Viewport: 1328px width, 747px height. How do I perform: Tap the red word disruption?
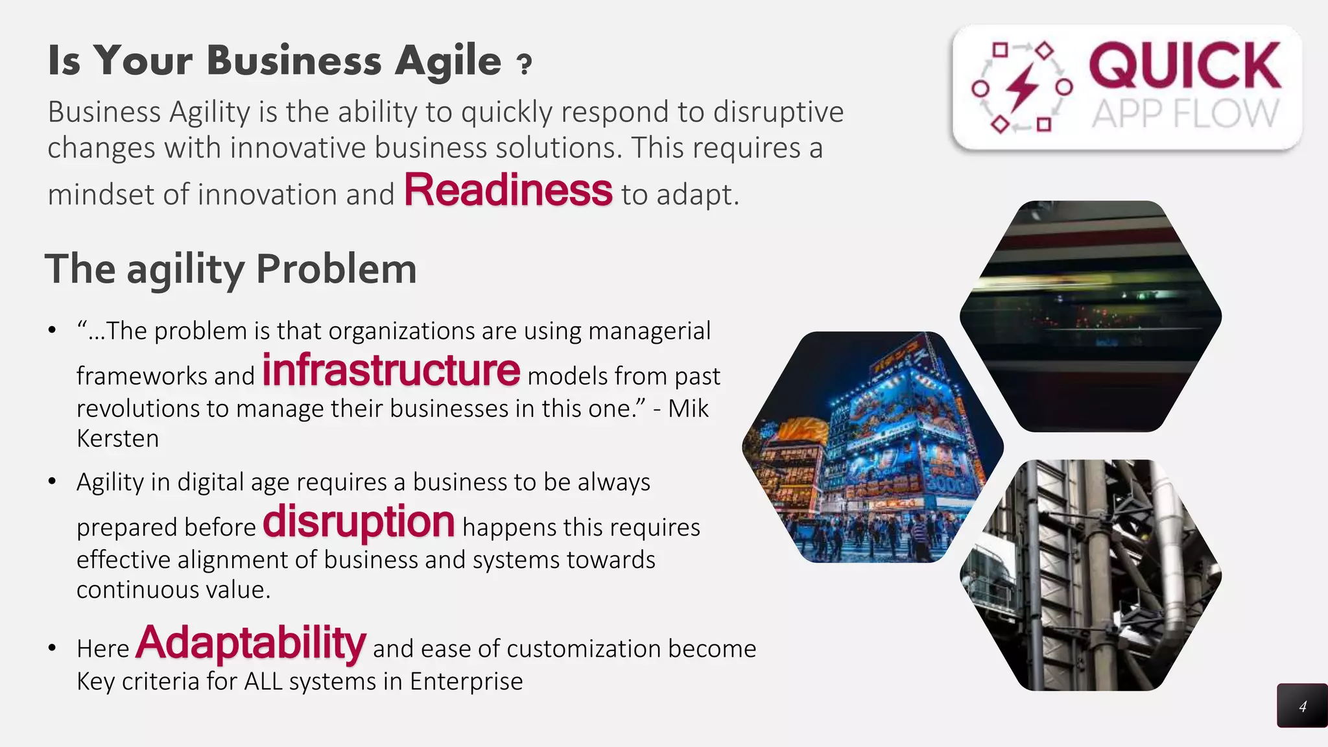[x=359, y=521]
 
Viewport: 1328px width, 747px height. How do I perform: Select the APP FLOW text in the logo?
[x=1185, y=114]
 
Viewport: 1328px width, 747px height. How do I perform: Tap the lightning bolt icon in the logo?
[x=1023, y=87]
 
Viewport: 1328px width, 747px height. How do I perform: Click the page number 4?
[x=1302, y=706]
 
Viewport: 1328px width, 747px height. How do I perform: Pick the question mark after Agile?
[x=524, y=64]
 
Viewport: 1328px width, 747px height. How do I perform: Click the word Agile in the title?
[x=448, y=61]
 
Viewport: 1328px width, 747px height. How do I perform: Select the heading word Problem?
[x=336, y=268]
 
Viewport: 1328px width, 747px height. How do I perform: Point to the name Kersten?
[x=117, y=439]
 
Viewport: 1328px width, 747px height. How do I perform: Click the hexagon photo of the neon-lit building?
[x=873, y=447]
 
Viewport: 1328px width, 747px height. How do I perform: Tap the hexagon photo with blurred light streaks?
[x=1091, y=316]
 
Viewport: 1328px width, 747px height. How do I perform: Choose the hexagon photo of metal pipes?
[x=1091, y=576]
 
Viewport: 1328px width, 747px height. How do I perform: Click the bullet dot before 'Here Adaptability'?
[x=53, y=648]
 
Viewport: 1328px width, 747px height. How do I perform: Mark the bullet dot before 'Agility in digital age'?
[x=53, y=482]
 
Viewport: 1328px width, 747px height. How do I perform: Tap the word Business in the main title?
[x=294, y=61]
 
